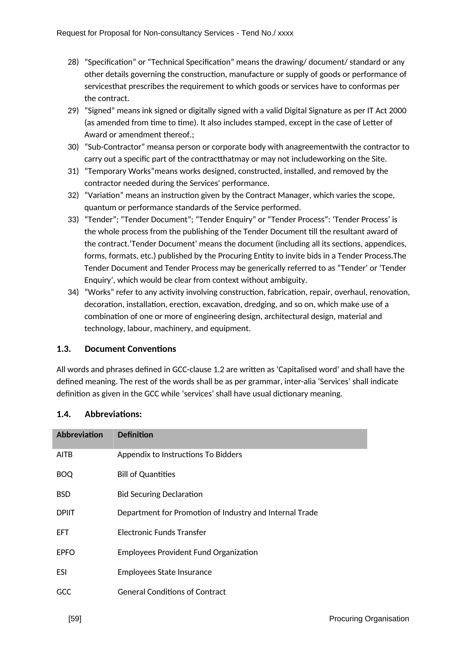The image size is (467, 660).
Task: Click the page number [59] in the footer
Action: click(75, 619)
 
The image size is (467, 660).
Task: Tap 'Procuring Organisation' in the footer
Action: click(369, 619)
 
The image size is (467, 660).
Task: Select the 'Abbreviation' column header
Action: click(80, 435)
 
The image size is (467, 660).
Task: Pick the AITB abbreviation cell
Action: click(65, 455)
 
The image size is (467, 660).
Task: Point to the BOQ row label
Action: click(65, 474)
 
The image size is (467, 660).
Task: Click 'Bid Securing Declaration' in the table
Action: click(160, 494)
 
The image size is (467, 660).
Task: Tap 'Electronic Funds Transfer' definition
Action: click(162, 532)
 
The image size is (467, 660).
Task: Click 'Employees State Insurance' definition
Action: click(165, 572)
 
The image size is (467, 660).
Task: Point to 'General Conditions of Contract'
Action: click(172, 592)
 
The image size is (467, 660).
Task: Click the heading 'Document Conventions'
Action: click(130, 349)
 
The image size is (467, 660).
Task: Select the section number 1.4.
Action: click(64, 414)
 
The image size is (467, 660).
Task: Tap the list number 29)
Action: click(73, 111)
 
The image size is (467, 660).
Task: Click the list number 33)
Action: click(73, 220)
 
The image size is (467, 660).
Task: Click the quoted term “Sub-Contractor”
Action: click(114, 147)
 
